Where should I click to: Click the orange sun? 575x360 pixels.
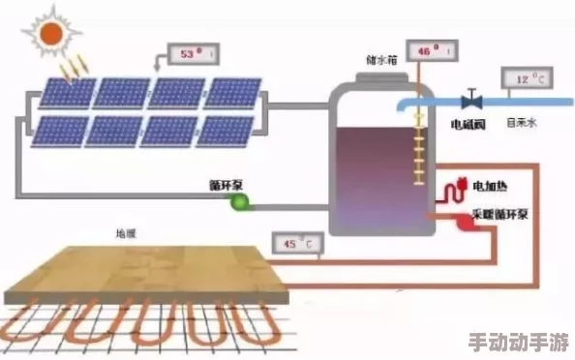click(x=51, y=34)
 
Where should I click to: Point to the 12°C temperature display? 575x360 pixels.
click(x=527, y=76)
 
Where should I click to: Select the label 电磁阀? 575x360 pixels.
click(x=469, y=124)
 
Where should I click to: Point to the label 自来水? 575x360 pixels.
click(x=522, y=123)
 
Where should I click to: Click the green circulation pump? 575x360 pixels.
click(x=238, y=201)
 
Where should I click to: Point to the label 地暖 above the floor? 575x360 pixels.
click(x=127, y=233)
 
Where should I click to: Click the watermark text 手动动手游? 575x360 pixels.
click(x=519, y=343)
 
